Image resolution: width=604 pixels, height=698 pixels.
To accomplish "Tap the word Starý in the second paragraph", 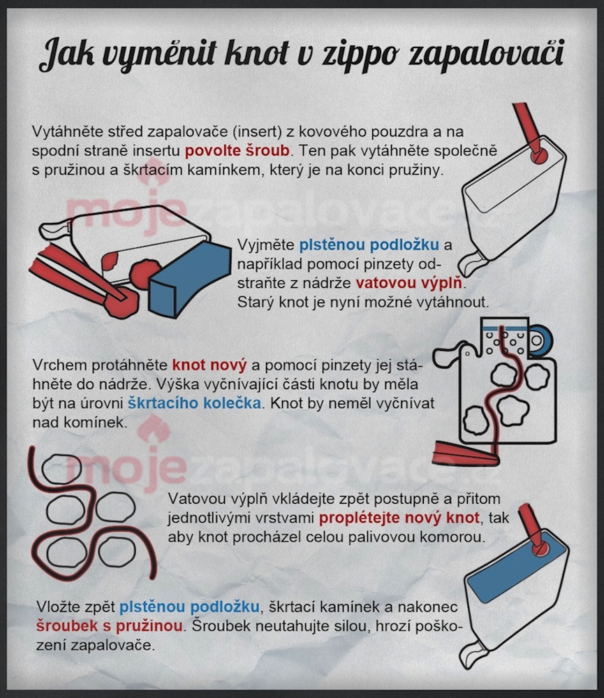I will (x=256, y=303).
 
